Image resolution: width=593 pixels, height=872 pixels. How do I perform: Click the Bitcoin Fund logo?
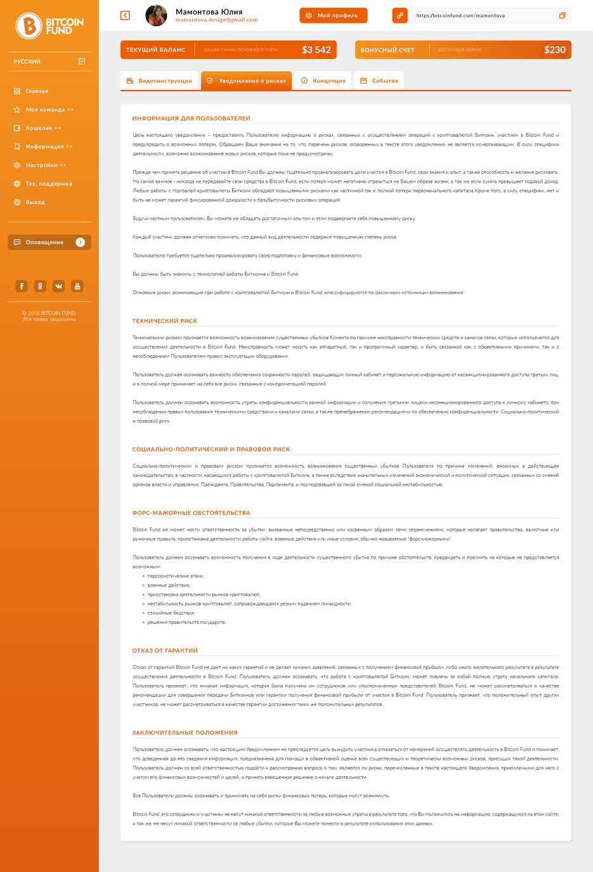click(49, 25)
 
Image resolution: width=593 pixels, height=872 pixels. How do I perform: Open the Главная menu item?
click(37, 91)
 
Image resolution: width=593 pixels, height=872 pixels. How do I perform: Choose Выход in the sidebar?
click(35, 202)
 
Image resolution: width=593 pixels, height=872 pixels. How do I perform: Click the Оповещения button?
click(49, 242)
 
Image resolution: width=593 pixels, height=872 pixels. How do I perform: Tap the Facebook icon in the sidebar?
click(22, 286)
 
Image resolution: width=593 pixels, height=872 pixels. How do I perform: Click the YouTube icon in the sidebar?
click(77, 286)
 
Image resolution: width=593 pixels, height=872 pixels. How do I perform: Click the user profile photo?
click(156, 15)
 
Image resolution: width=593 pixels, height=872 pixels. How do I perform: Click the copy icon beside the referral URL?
click(562, 15)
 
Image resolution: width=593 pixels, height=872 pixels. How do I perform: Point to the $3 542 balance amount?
click(316, 50)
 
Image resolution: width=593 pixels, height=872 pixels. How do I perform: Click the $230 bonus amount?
click(554, 50)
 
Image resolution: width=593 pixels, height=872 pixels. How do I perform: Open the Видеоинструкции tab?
click(159, 81)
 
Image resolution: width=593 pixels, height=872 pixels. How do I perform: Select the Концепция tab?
click(323, 81)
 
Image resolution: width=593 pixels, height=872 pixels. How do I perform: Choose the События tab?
click(379, 81)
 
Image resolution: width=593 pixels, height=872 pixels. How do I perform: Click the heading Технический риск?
click(165, 321)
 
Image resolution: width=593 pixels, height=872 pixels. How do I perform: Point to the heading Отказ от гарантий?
click(165, 651)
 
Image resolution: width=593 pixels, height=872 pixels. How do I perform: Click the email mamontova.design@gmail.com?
click(216, 20)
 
